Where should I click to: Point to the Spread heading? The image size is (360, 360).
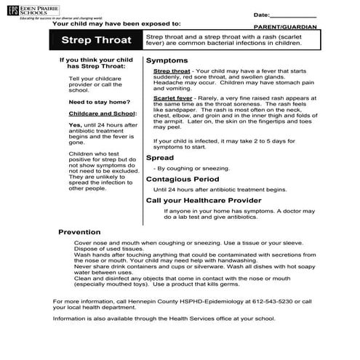click(x=160, y=157)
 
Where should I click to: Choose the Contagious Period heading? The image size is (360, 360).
click(x=182, y=179)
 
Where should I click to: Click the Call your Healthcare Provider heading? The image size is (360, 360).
click(x=204, y=200)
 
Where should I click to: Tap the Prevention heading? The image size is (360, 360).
click(x=84, y=232)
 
